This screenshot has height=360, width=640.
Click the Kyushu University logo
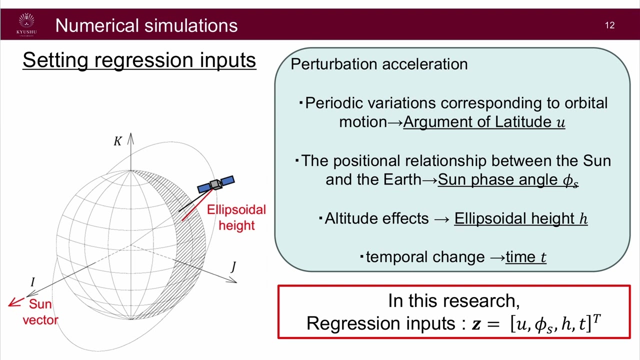26,24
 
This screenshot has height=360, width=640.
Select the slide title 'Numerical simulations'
146,25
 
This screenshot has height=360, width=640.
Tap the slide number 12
609,25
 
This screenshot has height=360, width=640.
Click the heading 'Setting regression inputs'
139,60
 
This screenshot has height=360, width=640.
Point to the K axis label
117,141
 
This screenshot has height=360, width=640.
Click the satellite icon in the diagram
216,184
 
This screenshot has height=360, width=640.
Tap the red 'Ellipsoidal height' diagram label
236,217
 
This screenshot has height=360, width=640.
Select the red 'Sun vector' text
40,312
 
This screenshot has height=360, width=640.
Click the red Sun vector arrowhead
14,302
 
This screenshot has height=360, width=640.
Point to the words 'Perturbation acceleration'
379,64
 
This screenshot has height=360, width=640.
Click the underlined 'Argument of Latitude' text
478,122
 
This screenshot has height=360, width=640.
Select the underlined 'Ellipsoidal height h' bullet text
520,218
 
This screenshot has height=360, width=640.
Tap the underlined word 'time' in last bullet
521,257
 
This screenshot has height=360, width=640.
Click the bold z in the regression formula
477,324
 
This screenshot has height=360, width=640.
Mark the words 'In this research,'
453,300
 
